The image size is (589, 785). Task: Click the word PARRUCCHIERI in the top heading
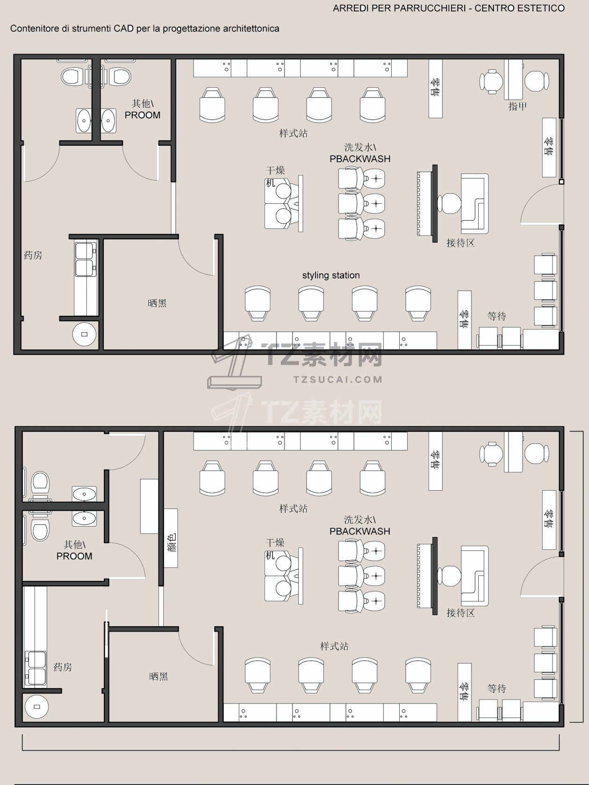coord(429,8)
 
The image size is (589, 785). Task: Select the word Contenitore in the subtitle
coord(34,29)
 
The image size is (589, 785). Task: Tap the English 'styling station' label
coord(331,275)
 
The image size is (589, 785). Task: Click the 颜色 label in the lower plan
coord(171,543)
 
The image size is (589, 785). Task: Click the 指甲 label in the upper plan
coord(517,106)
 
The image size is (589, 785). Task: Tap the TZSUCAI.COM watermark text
coord(338,379)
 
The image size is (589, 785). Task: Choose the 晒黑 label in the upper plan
coord(157,303)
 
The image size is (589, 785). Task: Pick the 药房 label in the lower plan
coord(63,667)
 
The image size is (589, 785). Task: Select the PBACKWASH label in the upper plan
coord(360,159)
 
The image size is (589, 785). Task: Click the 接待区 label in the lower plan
coord(460,614)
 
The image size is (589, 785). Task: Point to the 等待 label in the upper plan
coord(497,316)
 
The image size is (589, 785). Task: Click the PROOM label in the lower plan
coord(74,556)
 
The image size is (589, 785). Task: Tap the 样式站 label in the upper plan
coord(293,133)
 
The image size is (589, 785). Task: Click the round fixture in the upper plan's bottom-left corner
coord(85,335)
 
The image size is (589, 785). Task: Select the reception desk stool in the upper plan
coord(450,203)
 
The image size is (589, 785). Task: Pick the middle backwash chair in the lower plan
coord(362,576)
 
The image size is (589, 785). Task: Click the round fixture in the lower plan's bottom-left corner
coord(36,706)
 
